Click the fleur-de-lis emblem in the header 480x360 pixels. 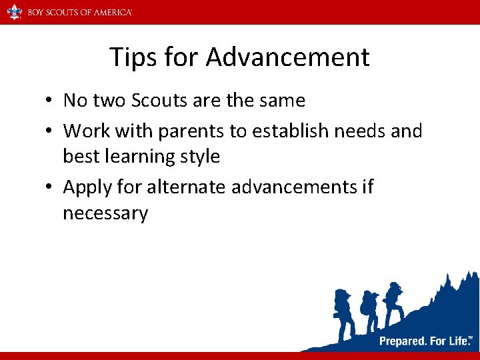pos(15,11)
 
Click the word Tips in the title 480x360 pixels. pos(132,57)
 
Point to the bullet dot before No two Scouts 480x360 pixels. pos(50,101)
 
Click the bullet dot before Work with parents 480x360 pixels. pos(50,131)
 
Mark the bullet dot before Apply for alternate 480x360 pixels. pos(50,188)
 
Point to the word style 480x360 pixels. pos(198,157)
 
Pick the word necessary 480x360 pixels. pos(105,214)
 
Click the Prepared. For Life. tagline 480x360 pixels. pos(425,341)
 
